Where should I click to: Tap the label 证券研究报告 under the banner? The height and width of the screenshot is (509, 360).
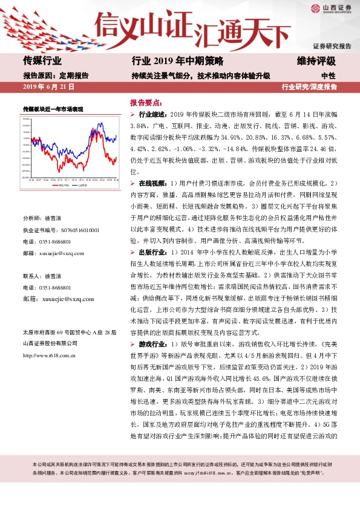[332, 46]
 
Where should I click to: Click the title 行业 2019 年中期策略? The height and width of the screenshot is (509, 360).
[177, 60]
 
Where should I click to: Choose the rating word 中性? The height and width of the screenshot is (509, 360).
[329, 76]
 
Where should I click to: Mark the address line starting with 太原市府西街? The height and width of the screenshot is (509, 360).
[68, 333]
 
